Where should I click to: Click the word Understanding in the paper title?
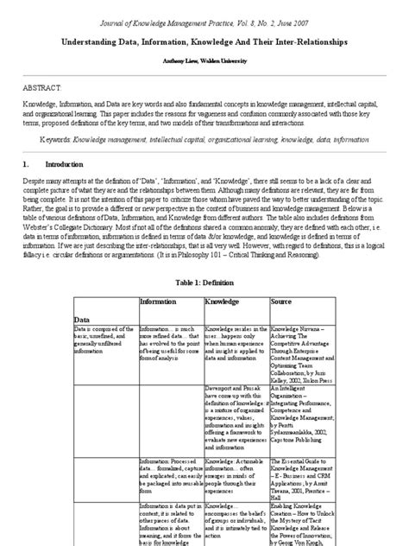[91, 41]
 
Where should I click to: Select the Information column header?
[164, 302]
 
